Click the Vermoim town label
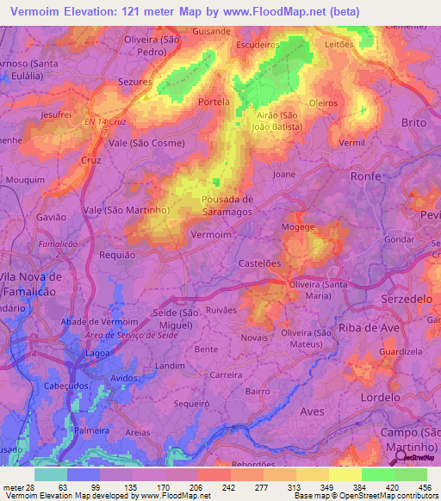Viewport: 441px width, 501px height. [210, 234]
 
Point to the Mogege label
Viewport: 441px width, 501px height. [297, 228]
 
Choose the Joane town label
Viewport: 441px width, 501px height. [284, 174]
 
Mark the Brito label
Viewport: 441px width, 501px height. [414, 123]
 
